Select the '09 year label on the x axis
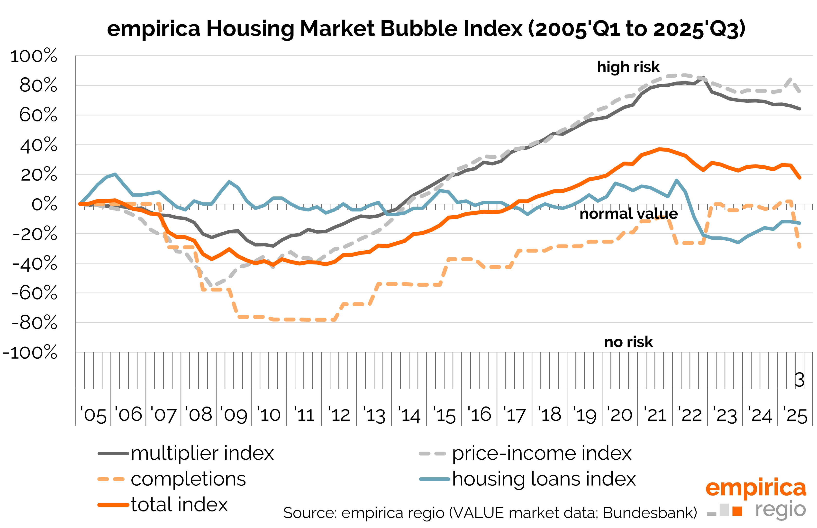[x=234, y=415]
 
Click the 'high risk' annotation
[x=628, y=67]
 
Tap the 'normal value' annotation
[x=628, y=214]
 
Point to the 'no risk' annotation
[x=628, y=342]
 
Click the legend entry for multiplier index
[x=202, y=453]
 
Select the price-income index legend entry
[x=541, y=453]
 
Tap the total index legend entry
[x=179, y=505]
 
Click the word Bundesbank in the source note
[x=650, y=513]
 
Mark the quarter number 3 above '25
[x=799, y=380]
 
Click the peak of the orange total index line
[x=659, y=149]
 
